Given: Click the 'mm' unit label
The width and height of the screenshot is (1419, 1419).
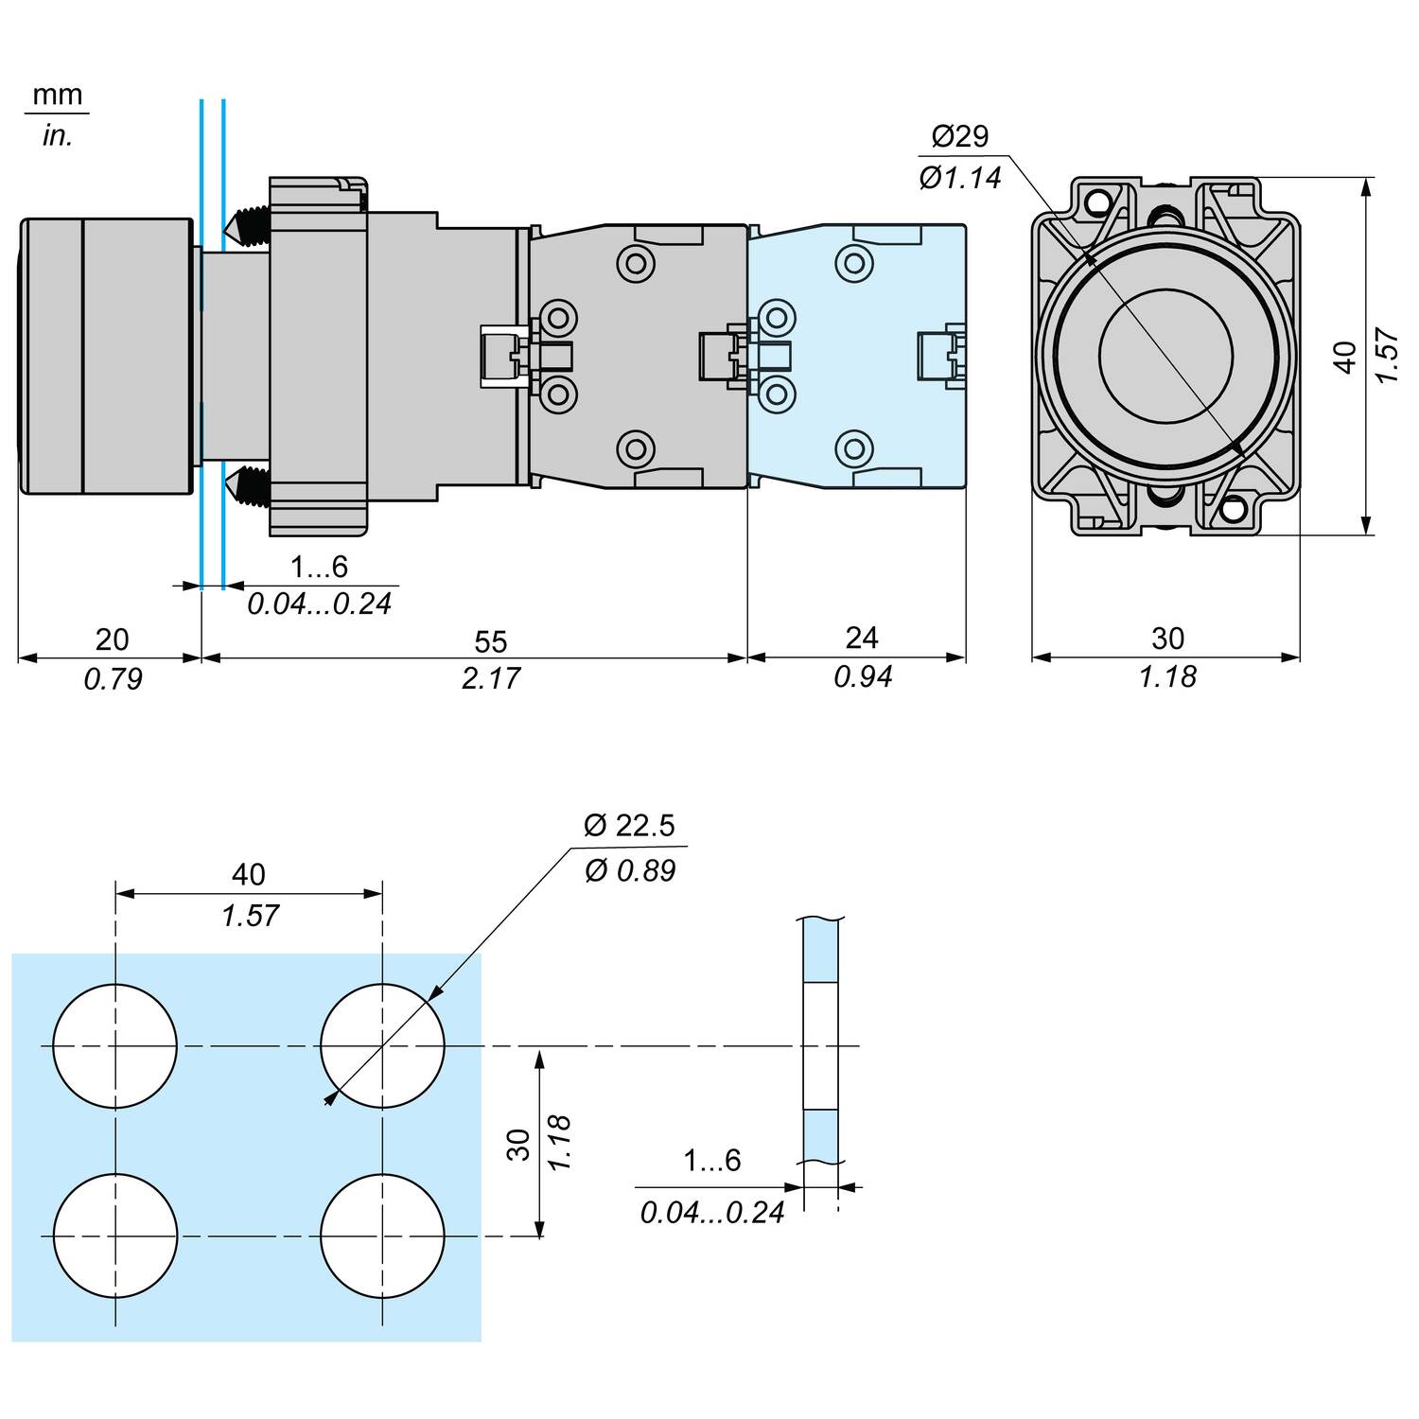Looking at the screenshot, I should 58,96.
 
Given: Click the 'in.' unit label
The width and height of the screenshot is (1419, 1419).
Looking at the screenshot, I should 57,136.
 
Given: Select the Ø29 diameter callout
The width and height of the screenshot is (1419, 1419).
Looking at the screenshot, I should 959,136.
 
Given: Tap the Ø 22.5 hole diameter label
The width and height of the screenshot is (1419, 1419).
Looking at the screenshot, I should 629,826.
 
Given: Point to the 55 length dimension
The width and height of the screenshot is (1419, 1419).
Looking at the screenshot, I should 490,641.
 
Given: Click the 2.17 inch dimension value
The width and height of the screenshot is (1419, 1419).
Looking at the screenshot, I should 490,678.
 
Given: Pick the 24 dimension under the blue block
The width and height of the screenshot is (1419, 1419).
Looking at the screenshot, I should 861,638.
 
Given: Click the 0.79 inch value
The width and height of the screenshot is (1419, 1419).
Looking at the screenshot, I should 113,678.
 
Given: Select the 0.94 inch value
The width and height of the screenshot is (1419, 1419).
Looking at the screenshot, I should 863,676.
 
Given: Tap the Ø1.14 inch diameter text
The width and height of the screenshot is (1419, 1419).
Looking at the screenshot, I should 959,178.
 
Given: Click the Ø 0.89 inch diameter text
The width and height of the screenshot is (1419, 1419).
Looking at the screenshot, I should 630,870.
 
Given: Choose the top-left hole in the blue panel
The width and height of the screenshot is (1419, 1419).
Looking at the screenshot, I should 115,1045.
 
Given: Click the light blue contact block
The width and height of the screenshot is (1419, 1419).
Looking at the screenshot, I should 856,355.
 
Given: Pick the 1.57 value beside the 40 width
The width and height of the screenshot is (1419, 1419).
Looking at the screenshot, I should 250,915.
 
